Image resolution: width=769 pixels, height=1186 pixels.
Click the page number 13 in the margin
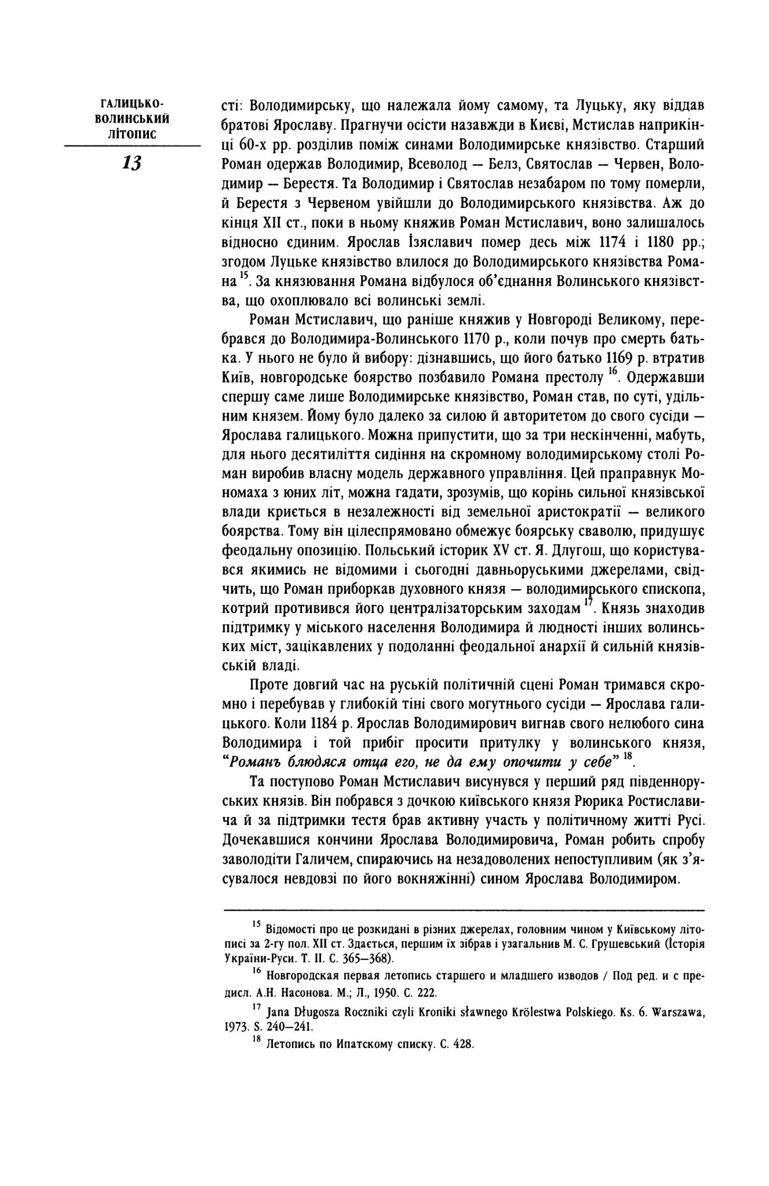[132, 163]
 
